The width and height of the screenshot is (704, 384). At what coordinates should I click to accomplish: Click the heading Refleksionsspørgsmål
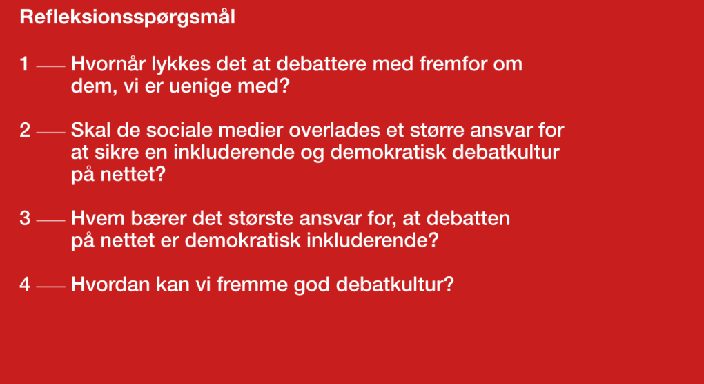point(127,18)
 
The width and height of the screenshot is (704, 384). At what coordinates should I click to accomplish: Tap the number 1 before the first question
point(24,64)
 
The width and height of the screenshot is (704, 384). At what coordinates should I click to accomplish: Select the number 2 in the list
point(25,131)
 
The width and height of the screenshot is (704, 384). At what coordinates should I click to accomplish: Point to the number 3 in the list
point(25,218)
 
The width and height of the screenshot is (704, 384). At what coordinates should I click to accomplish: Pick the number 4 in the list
point(25,285)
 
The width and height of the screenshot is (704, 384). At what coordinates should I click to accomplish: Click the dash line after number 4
point(50,286)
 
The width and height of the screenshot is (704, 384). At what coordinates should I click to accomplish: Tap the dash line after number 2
point(50,132)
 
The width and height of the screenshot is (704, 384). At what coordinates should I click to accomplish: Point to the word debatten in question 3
point(468,218)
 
